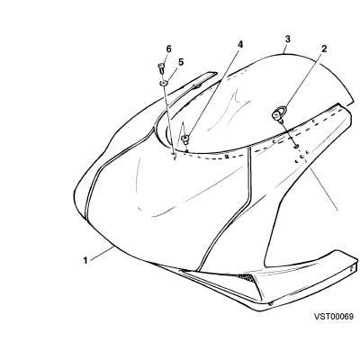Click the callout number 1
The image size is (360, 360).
(85, 260)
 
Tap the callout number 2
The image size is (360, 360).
(324, 49)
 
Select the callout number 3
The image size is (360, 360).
(288, 39)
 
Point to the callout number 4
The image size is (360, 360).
(240, 45)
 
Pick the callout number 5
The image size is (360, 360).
(181, 62)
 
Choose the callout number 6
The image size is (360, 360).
(168, 49)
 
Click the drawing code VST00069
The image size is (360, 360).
(334, 317)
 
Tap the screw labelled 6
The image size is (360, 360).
(161, 68)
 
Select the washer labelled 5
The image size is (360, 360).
(164, 83)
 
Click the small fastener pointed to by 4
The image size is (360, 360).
(184, 139)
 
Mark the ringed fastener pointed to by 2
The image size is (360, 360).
(278, 114)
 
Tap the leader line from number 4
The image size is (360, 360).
(213, 93)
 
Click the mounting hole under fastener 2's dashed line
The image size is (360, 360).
(296, 147)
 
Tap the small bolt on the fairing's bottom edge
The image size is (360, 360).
(271, 304)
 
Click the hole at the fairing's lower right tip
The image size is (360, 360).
(352, 269)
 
